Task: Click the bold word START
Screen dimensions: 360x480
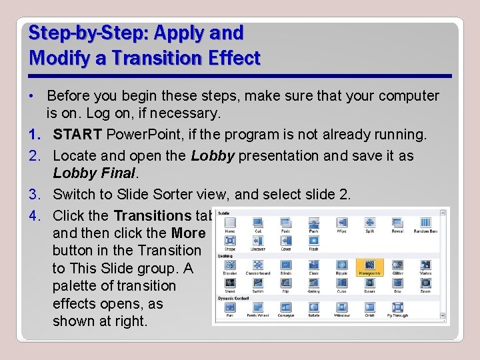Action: tap(77, 135)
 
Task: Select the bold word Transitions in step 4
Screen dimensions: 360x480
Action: tap(152, 215)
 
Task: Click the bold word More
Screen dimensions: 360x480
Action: tap(188, 233)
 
